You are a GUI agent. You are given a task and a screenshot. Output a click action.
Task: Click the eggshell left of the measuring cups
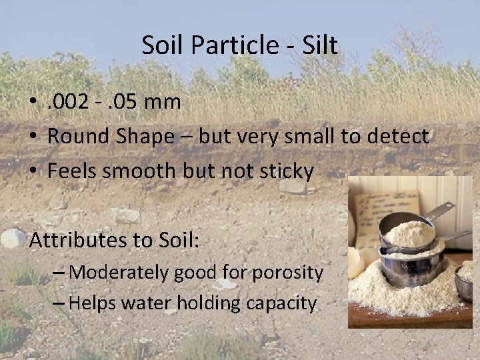tap(357, 263)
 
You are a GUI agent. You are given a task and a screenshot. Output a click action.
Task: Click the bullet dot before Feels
tap(33, 172)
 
